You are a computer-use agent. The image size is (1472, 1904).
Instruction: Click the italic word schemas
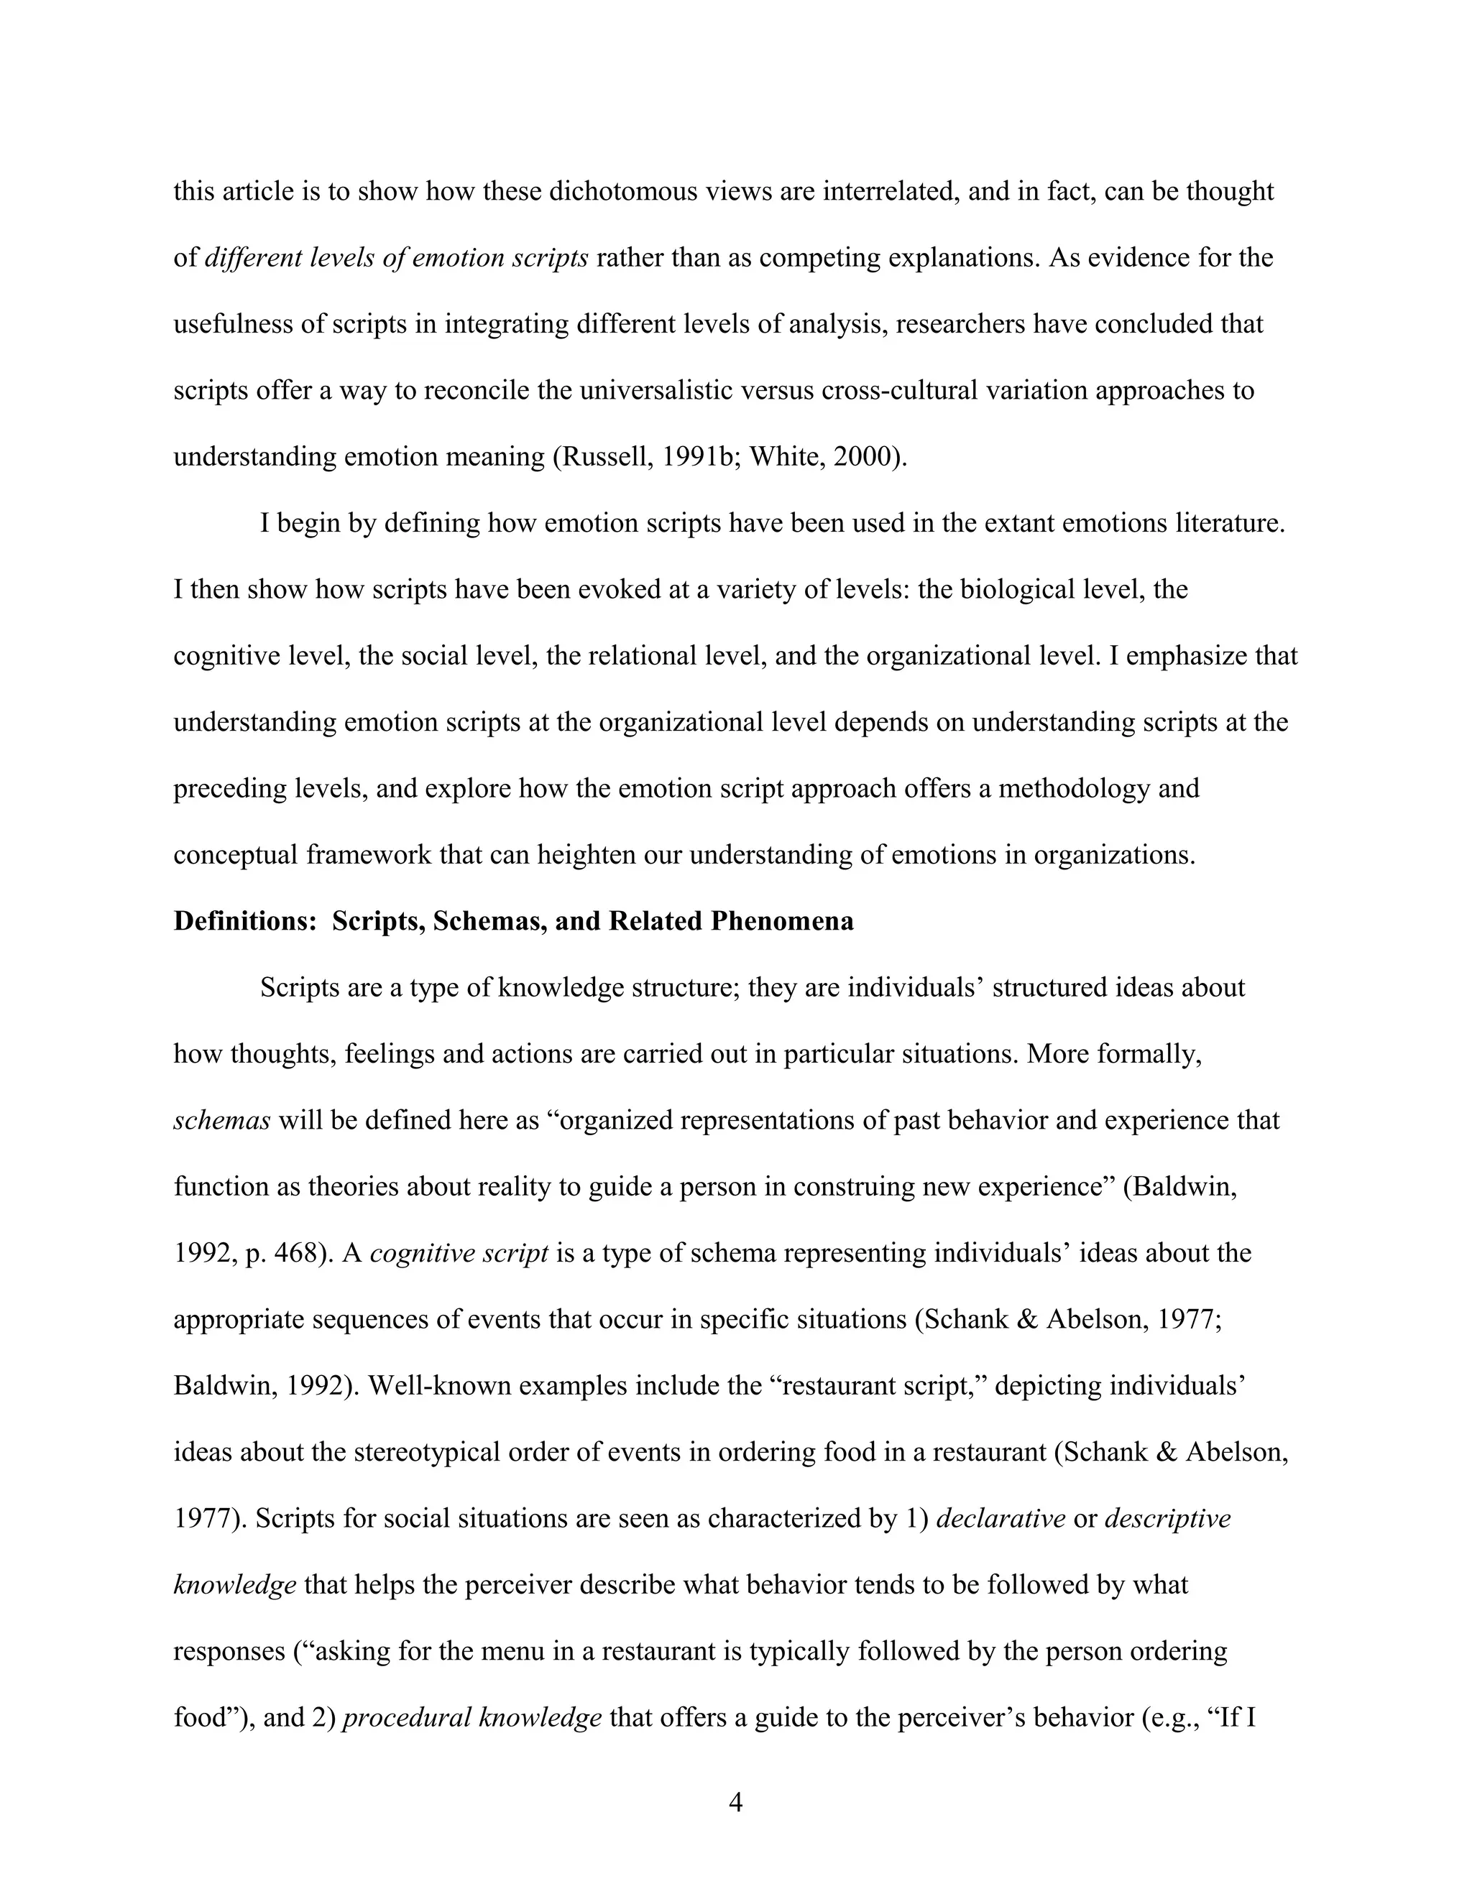pos(221,1121)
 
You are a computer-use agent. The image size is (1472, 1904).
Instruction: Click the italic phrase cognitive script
pos(459,1254)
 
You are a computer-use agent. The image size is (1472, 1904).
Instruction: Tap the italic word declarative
pos(1000,1520)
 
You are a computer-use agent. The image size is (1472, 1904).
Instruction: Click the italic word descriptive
pos(1168,1520)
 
